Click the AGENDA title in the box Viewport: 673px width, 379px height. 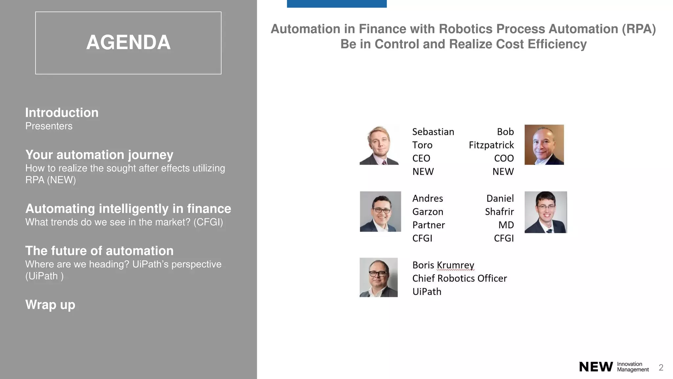(x=128, y=42)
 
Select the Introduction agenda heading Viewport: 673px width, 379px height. (x=62, y=113)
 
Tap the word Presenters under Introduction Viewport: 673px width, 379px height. (x=49, y=126)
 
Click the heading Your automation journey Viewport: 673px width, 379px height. (x=99, y=155)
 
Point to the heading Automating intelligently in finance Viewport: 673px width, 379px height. (x=128, y=209)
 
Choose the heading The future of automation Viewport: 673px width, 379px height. (x=99, y=251)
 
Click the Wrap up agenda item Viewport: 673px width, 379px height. (x=50, y=305)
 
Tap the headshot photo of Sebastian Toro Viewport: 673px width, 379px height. (x=379, y=145)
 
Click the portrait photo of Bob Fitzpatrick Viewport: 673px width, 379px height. (x=544, y=145)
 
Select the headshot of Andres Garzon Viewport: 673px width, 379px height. (x=380, y=212)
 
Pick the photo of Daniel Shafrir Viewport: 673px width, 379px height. (x=545, y=212)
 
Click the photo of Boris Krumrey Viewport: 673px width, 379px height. (x=379, y=277)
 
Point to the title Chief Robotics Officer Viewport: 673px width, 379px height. (x=459, y=278)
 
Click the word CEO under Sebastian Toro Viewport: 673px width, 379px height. (x=421, y=158)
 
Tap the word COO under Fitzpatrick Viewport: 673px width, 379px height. (x=504, y=158)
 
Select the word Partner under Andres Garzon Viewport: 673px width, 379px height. (x=429, y=225)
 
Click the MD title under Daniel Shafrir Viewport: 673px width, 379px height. (x=506, y=225)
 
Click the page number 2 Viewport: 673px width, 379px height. (x=661, y=367)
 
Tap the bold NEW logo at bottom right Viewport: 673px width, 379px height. (x=596, y=367)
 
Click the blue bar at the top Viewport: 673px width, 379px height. (x=336, y=4)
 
